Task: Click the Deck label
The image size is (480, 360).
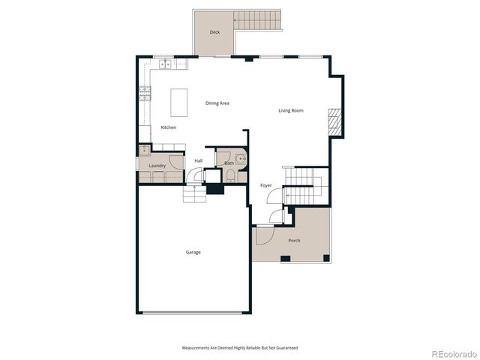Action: [x=215, y=32]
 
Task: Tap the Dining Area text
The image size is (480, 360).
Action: [x=217, y=103]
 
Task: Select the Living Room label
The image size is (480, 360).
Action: [x=291, y=111]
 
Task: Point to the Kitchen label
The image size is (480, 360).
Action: [x=169, y=127]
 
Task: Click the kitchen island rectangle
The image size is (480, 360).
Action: [x=178, y=102]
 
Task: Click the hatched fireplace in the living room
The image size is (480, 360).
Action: [x=334, y=121]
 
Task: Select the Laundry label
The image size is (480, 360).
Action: [x=157, y=166]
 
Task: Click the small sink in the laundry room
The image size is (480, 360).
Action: [x=144, y=150]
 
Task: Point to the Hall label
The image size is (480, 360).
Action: [x=199, y=160]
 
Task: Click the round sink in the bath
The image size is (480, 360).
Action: [x=241, y=159]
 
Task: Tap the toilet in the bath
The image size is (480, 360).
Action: [x=229, y=176]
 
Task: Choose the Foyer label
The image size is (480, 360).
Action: [x=266, y=184]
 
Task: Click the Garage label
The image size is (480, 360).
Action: [x=193, y=252]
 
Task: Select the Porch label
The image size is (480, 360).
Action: [x=294, y=240]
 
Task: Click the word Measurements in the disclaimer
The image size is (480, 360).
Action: [x=196, y=348]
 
